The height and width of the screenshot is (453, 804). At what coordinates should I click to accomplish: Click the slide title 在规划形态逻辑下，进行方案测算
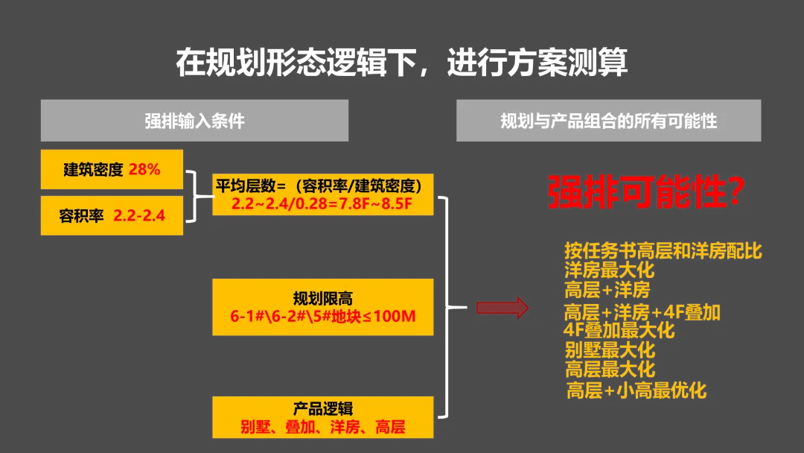point(401,63)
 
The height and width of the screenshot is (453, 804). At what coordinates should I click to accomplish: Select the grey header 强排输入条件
point(194,121)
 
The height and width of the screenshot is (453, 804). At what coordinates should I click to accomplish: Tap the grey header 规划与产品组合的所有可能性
point(608,121)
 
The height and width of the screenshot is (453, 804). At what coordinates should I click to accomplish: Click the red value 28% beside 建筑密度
point(144,169)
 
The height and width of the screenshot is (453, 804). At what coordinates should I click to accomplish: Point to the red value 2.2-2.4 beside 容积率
point(139,216)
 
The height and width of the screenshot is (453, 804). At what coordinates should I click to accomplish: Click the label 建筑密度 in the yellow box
point(93,169)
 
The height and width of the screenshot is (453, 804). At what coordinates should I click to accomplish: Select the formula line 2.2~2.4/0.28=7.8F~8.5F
point(322,203)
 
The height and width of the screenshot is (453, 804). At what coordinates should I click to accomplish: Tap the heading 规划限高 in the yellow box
point(322,299)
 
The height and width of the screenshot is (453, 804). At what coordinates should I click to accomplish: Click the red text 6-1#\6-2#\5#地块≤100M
point(322,317)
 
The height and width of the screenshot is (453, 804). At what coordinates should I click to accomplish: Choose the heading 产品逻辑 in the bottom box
point(322,408)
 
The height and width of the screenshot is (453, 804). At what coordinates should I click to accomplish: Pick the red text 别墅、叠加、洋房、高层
point(322,427)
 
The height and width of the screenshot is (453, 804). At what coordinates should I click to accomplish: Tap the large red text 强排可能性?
point(646,193)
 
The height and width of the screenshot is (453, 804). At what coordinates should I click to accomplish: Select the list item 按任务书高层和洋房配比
point(663,251)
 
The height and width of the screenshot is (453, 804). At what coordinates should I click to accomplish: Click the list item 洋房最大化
point(609,270)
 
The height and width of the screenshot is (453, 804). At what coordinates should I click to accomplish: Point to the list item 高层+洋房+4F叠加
point(642,312)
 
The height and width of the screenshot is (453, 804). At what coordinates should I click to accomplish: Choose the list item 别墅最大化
point(609,349)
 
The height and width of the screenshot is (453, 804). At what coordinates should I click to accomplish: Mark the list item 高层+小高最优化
point(636,390)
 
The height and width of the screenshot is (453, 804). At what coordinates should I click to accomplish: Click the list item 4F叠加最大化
point(619,330)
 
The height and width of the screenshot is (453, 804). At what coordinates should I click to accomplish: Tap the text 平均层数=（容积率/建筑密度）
point(322,185)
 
